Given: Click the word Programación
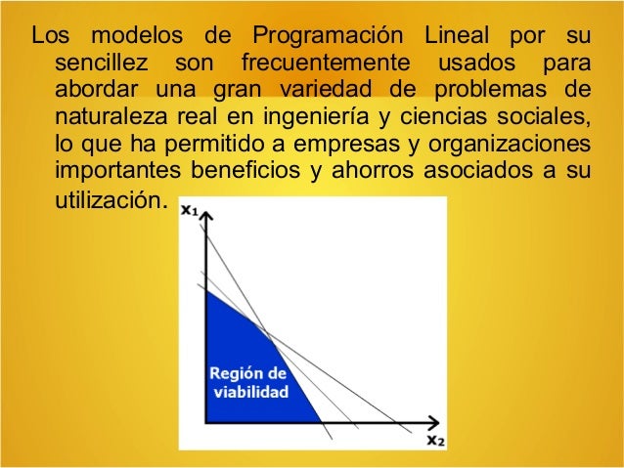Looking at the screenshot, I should click(328, 38).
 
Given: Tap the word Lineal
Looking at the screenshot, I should click(460, 38).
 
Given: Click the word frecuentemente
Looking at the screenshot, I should click(324, 65).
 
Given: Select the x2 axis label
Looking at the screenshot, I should click(435, 441).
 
